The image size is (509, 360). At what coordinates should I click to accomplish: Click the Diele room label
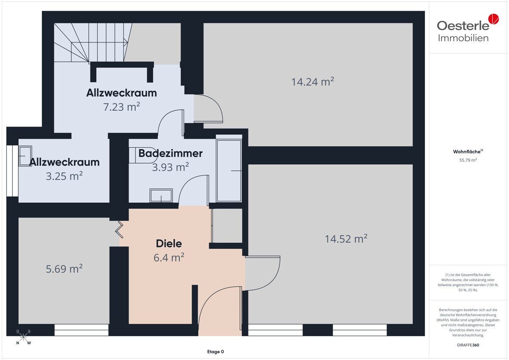(x=169, y=244)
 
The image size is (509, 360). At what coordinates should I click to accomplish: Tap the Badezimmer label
(x=171, y=153)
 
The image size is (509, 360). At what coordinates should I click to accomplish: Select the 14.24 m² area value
(x=313, y=82)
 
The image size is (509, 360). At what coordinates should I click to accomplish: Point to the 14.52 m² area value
(x=346, y=239)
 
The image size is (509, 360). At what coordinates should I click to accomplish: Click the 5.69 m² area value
(x=64, y=269)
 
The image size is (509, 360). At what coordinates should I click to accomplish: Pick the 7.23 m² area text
(x=121, y=107)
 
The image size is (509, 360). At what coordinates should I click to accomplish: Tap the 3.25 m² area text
(x=64, y=176)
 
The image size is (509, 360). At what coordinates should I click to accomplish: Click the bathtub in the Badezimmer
(x=229, y=171)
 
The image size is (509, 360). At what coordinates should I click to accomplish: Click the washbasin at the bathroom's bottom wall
(x=161, y=195)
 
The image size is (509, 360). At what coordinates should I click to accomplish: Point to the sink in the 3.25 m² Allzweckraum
(x=25, y=156)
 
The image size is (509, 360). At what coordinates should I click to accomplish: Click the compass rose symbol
(x=23, y=337)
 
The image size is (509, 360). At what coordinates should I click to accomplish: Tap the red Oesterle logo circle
(x=494, y=19)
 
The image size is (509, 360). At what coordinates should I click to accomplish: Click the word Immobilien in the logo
(x=463, y=38)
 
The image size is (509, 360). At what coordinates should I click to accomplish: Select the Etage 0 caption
(x=215, y=352)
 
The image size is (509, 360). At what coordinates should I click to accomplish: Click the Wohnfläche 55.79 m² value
(x=468, y=160)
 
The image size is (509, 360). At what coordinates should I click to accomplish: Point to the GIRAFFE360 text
(x=468, y=345)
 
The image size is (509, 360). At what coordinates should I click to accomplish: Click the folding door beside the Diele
(x=119, y=230)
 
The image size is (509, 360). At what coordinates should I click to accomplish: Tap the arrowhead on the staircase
(x=126, y=42)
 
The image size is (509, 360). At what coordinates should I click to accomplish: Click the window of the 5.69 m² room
(x=81, y=330)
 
